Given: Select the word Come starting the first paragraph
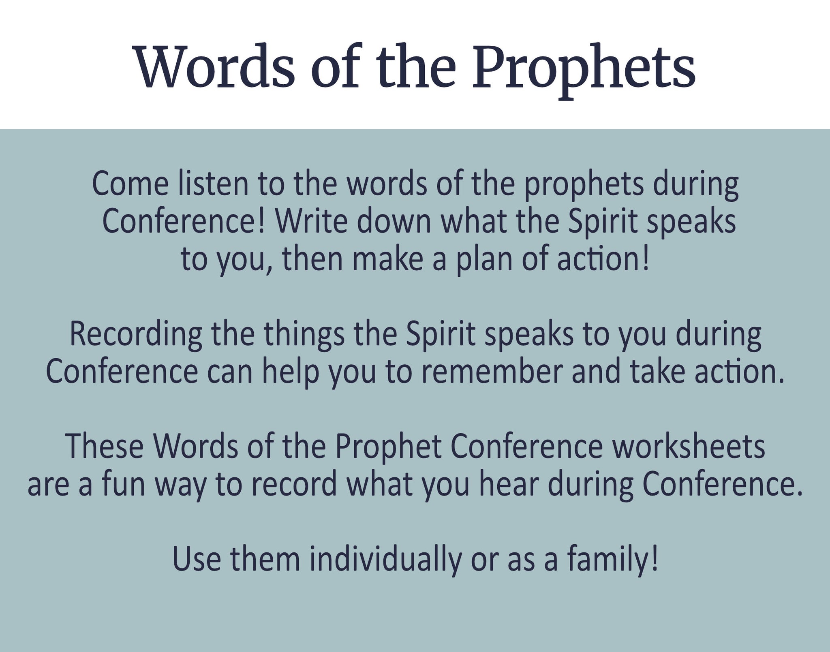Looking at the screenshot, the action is pos(130,184).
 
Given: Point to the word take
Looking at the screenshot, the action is pos(656,372).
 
